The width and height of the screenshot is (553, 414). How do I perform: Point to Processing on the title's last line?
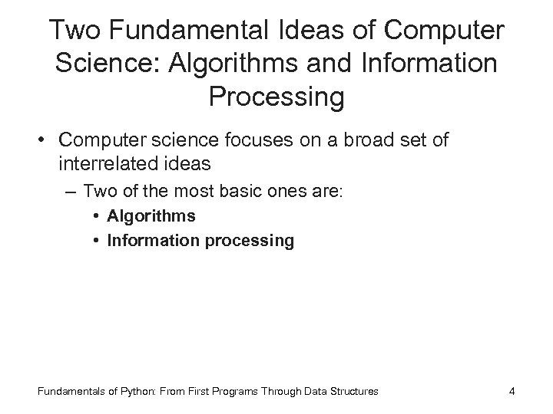click(x=276, y=97)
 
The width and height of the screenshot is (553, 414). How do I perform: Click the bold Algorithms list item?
click(x=151, y=216)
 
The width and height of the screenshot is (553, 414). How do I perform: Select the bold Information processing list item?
click(x=200, y=242)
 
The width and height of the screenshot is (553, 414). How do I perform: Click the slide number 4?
click(x=512, y=392)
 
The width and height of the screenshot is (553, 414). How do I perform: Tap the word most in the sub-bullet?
click(x=207, y=190)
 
